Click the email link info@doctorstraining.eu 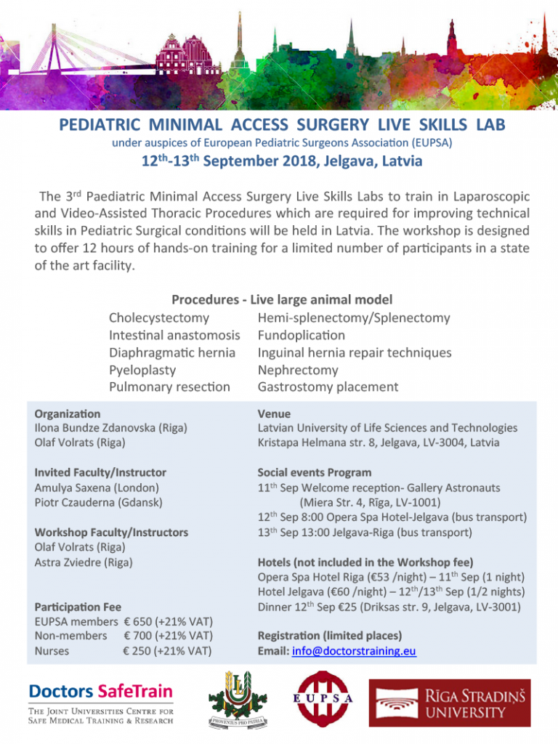(x=354, y=651)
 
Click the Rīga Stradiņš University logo (x=449, y=703)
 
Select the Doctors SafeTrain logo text (x=101, y=690)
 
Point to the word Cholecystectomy (x=159, y=318)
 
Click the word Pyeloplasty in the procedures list (x=142, y=370)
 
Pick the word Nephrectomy (x=298, y=370)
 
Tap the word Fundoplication (x=302, y=335)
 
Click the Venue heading (x=274, y=413)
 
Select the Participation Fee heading (x=78, y=607)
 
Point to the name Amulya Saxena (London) (x=97, y=488)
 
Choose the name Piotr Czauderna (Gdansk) (x=98, y=502)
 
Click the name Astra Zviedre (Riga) (x=84, y=562)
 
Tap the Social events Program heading (x=315, y=472)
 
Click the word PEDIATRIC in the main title (x=97, y=124)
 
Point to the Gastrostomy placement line (x=328, y=387)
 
